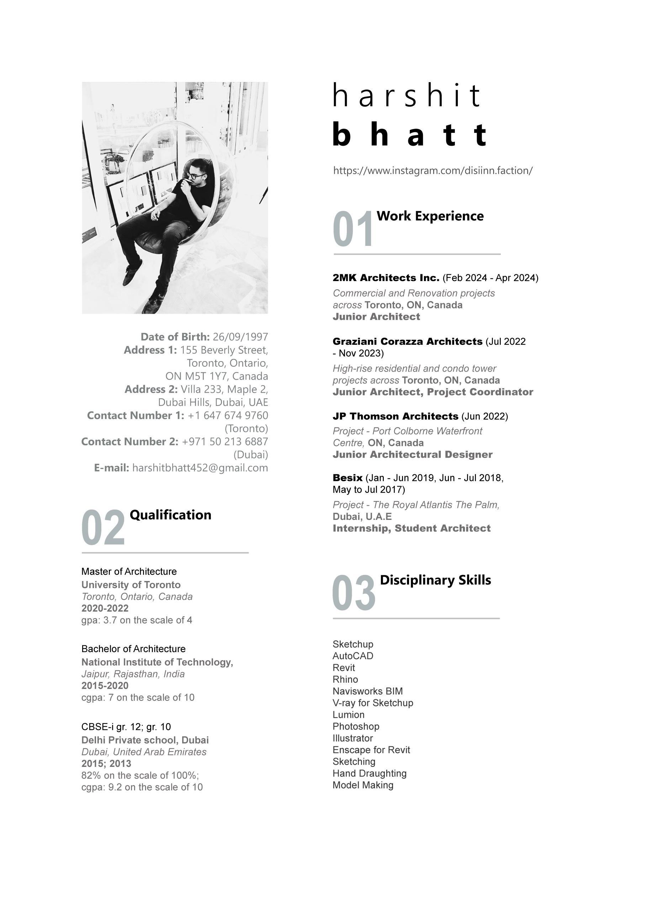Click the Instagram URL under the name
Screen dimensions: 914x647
point(433,171)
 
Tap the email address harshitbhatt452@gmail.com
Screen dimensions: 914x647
point(200,468)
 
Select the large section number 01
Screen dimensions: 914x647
point(352,230)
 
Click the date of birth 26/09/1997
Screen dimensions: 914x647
point(240,337)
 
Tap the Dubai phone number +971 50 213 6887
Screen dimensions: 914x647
point(225,441)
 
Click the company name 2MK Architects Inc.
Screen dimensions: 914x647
point(386,278)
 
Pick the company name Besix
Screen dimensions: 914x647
point(348,478)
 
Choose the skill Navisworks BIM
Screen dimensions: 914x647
point(367,691)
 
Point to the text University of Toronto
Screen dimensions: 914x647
point(131,585)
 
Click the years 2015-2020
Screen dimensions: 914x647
point(105,685)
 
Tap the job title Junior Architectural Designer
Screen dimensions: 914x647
point(412,455)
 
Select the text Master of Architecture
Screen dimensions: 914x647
point(129,572)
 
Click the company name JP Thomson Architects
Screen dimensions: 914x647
point(395,416)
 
